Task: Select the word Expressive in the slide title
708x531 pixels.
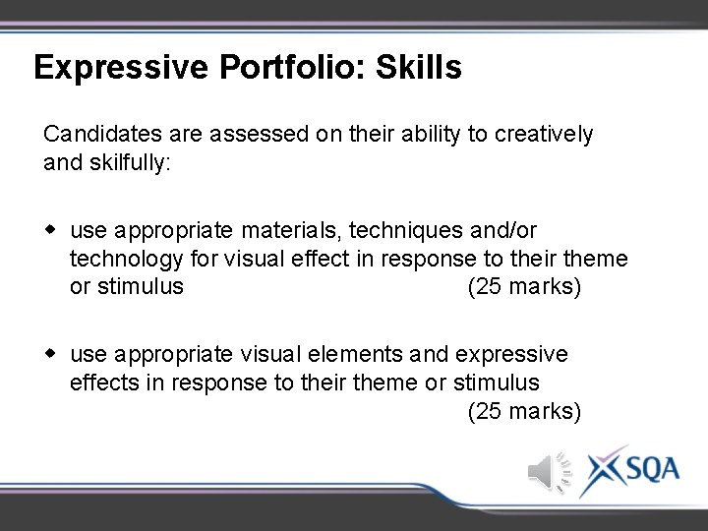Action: (x=120, y=68)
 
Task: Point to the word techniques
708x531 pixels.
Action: (x=408, y=230)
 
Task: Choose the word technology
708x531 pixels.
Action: (x=127, y=259)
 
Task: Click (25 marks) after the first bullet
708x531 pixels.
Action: (x=524, y=287)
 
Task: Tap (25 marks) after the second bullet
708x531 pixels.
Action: (x=524, y=410)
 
